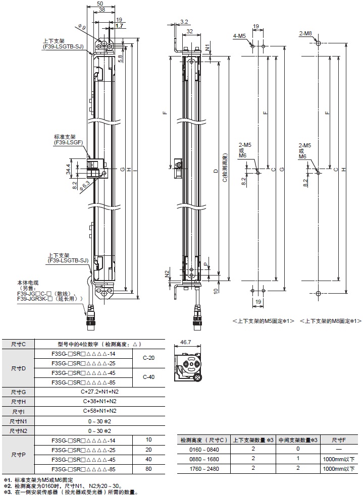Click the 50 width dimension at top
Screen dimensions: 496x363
(100, 4)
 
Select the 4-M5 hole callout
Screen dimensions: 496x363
(239, 36)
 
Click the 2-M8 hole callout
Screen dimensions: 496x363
(305, 33)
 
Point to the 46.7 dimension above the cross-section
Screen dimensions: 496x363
(185, 342)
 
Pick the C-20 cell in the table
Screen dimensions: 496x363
(148, 358)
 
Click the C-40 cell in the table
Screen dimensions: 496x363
(148, 376)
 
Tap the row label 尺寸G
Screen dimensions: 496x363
(18, 391)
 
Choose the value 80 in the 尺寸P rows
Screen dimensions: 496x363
(148, 469)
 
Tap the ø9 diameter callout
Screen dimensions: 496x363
(83, 26)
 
